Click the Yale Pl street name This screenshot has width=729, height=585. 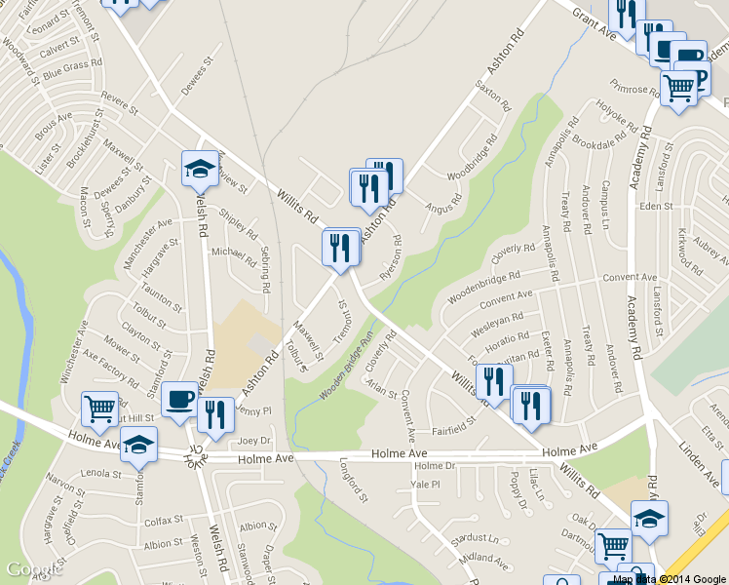(x=426, y=484)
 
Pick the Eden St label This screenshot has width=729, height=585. (x=656, y=207)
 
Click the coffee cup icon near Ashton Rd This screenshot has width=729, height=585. (x=178, y=400)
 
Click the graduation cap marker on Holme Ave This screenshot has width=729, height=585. (x=138, y=444)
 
